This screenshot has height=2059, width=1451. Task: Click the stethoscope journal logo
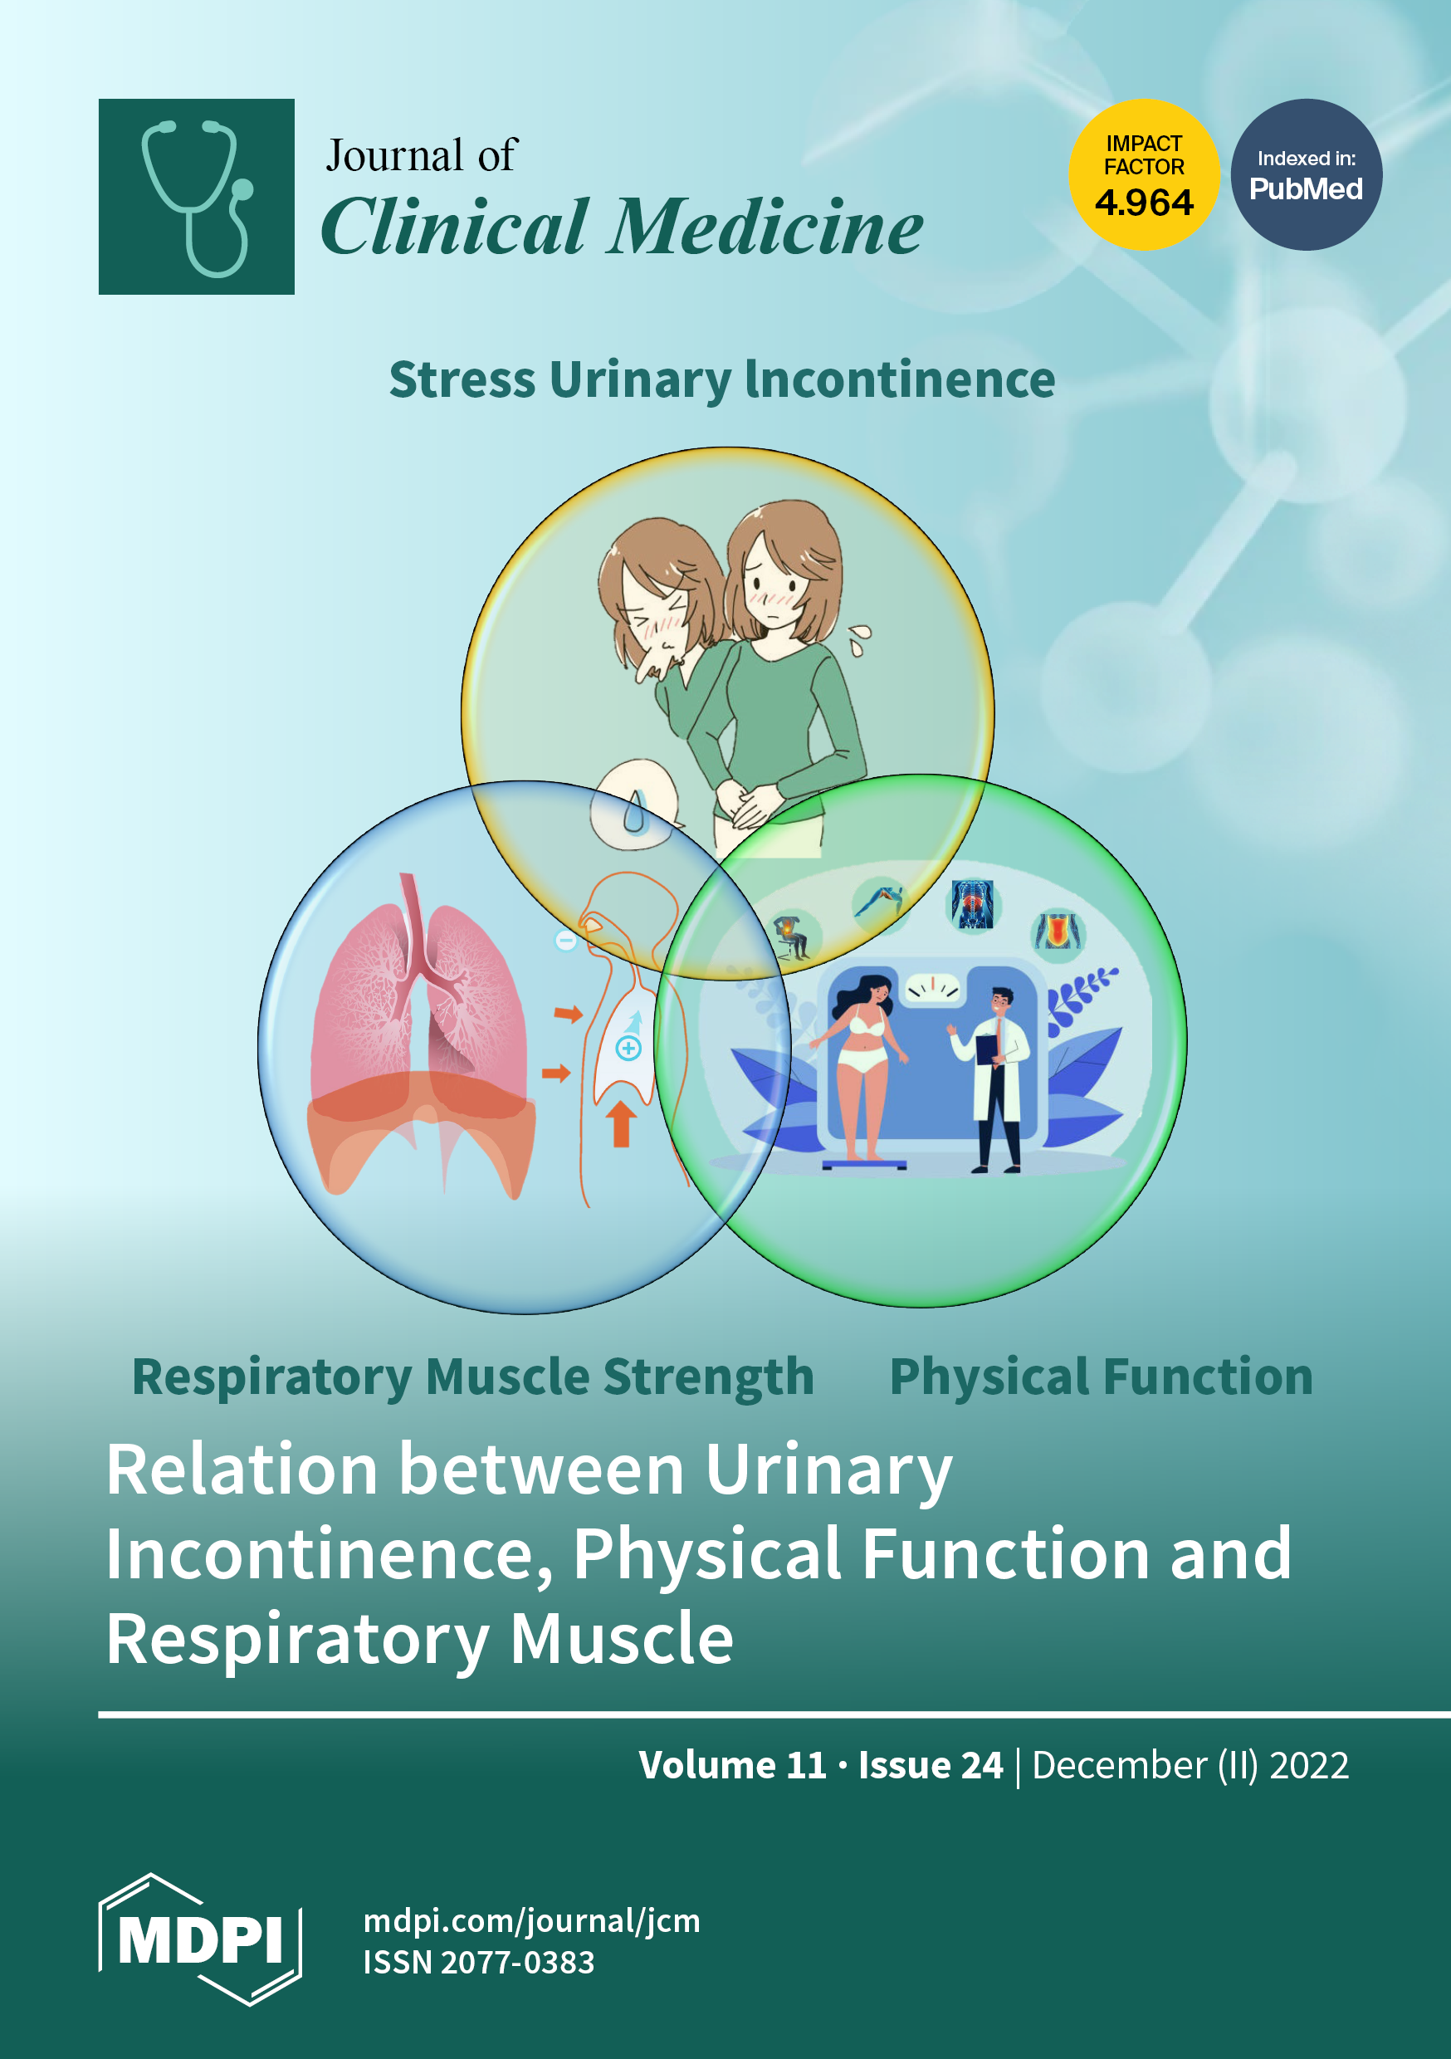197,197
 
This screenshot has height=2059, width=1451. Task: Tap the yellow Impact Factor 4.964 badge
1143,175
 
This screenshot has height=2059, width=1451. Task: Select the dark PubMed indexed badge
1306,175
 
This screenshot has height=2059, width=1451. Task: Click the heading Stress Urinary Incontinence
722,379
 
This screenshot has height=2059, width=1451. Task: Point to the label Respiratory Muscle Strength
472,1377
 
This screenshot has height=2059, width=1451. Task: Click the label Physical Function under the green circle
1101,1377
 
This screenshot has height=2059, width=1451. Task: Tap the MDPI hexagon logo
200,1939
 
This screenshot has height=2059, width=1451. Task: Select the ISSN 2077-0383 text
478,1962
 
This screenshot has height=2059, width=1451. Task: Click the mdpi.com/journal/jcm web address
532,1921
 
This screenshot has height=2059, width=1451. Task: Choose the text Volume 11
733,1765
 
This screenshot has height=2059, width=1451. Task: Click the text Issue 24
931,1765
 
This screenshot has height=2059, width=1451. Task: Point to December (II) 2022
1190,1765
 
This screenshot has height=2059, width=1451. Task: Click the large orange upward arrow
621,1123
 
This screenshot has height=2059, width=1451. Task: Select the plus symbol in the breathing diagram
628,1048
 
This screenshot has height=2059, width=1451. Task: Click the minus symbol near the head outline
566,941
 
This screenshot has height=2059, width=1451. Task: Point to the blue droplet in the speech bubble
634,812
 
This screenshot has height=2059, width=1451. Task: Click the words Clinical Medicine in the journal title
622,227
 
